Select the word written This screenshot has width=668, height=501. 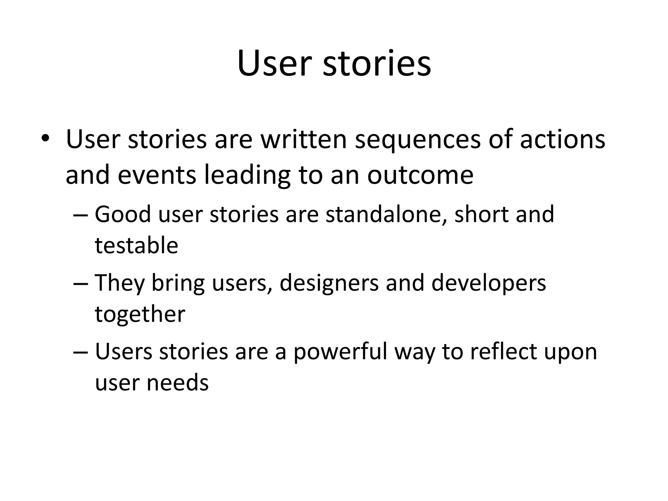[x=303, y=139]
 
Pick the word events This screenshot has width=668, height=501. [x=157, y=175]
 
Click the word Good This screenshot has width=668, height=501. [x=123, y=214]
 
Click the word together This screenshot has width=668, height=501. [x=140, y=314]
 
